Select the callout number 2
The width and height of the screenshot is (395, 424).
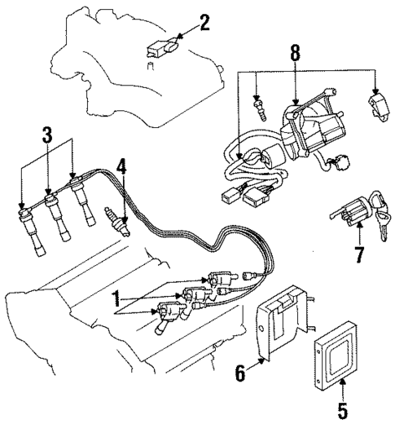204,22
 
